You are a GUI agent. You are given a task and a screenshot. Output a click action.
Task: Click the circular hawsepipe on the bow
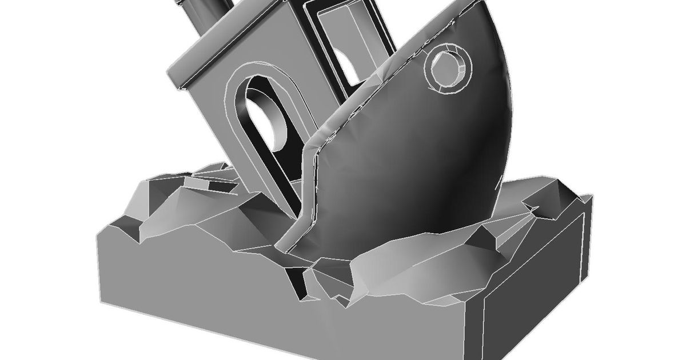(x=450, y=70)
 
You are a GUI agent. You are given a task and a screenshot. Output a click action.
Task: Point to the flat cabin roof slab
(x=229, y=46)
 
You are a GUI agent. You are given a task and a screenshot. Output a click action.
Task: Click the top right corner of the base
(x=589, y=197)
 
